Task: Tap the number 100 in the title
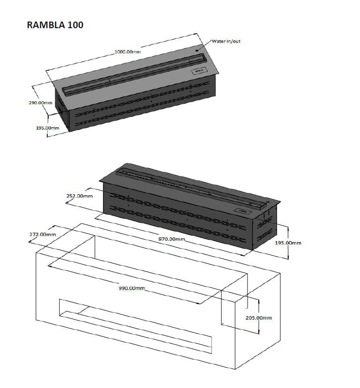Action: [x=75, y=25]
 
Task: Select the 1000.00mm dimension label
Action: [x=127, y=52]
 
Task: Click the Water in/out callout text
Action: [x=226, y=41]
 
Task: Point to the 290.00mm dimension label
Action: [x=40, y=102]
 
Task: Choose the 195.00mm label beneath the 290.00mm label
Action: [x=47, y=128]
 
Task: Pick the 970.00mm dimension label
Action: [x=172, y=239]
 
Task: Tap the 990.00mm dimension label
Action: [x=133, y=288]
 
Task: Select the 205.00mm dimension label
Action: [x=259, y=318]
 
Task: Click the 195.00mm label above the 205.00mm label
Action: [x=288, y=243]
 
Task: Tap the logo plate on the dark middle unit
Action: [x=242, y=212]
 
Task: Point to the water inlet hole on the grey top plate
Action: [x=197, y=50]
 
